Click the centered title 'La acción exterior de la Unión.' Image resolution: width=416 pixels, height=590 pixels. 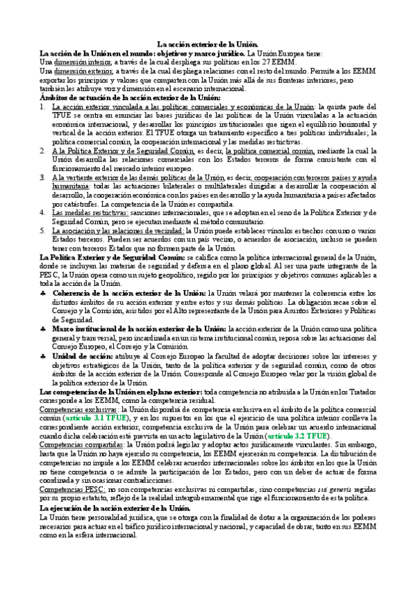pos(208,44)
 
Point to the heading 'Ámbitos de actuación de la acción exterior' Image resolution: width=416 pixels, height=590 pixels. pos(131,98)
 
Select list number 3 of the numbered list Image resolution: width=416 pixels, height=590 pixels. pos(43,178)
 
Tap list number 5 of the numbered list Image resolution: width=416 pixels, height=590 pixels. pos(43,230)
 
